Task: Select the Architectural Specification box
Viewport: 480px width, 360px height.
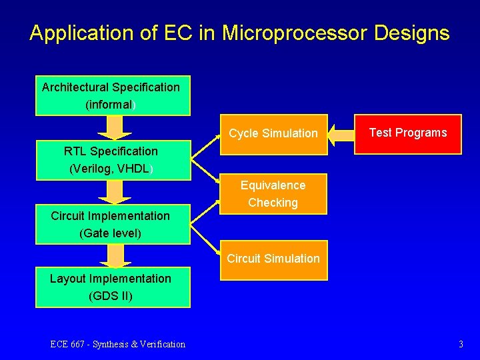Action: pyautogui.click(x=113, y=95)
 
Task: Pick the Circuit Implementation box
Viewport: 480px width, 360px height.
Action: pyautogui.click(x=112, y=225)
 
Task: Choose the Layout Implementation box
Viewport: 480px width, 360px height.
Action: pyautogui.click(x=112, y=287)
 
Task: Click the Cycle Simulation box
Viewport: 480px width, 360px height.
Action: pyautogui.click(x=273, y=133)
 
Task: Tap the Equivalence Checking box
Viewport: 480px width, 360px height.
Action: pyautogui.click(x=273, y=194)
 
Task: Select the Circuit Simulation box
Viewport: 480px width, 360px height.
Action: pyautogui.click(x=273, y=259)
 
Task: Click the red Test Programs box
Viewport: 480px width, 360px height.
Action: pyautogui.click(x=408, y=133)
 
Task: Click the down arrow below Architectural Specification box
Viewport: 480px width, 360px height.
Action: pyautogui.click(x=115, y=127)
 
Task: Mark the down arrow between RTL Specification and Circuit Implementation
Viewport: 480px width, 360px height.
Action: pyautogui.click(x=115, y=192)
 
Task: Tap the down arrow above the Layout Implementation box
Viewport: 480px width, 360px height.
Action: pyautogui.click(x=115, y=256)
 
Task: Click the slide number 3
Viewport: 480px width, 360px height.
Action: pyautogui.click(x=461, y=344)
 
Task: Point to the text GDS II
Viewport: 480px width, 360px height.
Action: pyautogui.click(x=111, y=295)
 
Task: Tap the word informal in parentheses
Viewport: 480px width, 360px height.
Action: pyautogui.click(x=110, y=105)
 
